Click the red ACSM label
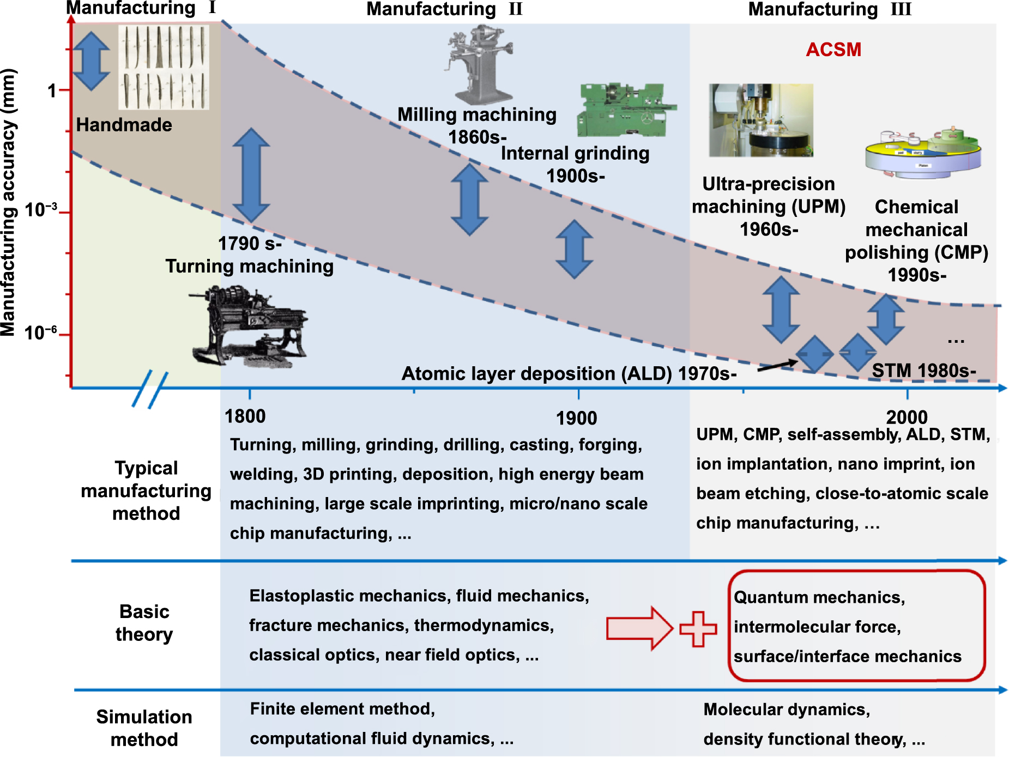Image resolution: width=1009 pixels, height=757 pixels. [833, 50]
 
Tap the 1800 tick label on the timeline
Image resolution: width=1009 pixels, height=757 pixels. [245, 416]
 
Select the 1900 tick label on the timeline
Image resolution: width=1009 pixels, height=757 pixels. [576, 418]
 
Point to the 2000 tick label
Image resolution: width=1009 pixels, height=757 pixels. [906, 417]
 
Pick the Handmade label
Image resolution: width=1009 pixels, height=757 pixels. [124, 125]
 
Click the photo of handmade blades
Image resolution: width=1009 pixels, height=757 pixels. [164, 68]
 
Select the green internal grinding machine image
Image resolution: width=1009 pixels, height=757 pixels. [624, 110]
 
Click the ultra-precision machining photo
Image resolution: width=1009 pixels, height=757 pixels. [761, 120]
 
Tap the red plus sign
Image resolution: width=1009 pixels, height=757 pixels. [698, 629]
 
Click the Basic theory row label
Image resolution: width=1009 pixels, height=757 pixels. [144, 623]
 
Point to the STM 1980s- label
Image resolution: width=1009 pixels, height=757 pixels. [923, 371]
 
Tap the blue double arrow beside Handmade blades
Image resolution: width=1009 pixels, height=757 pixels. [91, 61]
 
